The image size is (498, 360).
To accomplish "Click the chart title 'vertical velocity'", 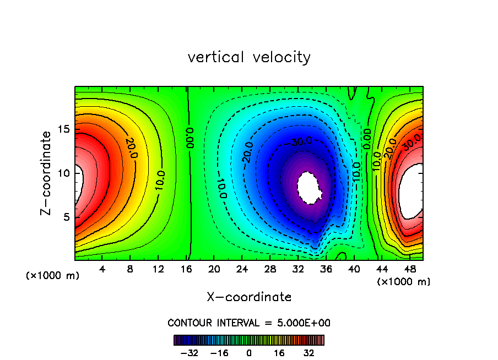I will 249,57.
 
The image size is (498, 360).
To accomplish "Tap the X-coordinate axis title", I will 249,297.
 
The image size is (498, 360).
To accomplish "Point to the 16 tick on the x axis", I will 187,270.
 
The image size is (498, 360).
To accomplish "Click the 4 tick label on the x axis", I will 102,270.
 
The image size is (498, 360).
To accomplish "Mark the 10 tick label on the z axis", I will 62,173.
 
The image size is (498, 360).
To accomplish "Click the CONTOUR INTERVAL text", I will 249,323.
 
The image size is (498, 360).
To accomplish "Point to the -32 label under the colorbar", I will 190,353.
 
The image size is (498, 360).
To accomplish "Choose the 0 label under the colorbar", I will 249,353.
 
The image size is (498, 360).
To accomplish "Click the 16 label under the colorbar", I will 279,353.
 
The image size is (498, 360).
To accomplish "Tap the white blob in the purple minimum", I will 310,188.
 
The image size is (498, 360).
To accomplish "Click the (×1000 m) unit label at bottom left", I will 52,275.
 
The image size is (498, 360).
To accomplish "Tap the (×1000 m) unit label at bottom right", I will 403,282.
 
